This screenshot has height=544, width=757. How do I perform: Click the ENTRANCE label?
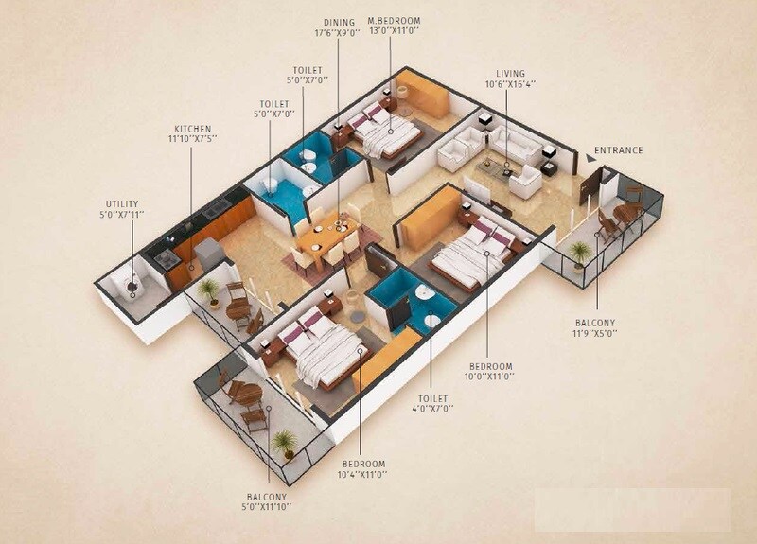click(x=619, y=150)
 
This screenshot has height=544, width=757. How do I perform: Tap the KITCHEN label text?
click(x=192, y=129)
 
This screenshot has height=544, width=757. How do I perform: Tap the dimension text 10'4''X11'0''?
click(x=361, y=473)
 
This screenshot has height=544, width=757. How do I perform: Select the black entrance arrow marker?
click(x=590, y=161)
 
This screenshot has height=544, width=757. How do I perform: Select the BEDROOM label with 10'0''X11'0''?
click(x=488, y=366)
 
